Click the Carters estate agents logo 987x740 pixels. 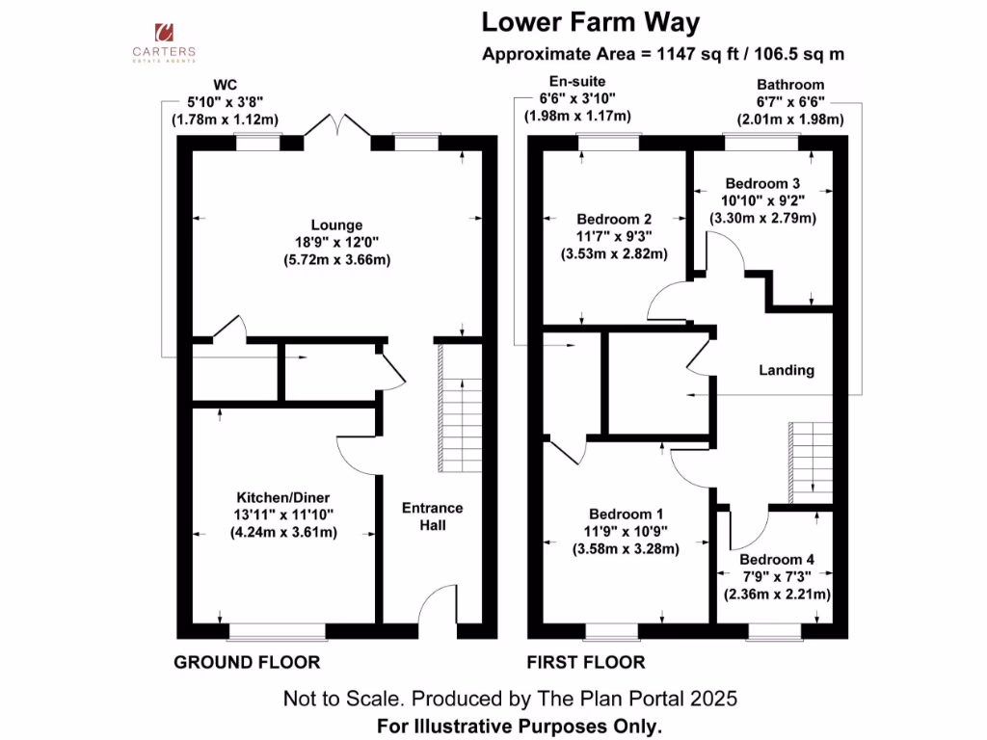pos(164,42)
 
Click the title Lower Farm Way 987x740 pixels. pos(591,23)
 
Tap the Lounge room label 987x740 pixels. pos(336,225)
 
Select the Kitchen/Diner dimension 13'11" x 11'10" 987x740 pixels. pos(283,515)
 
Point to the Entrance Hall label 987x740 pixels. pos(433,516)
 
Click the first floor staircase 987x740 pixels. pos(811,462)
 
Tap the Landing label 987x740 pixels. pos(787,370)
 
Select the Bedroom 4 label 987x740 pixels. pos(777,560)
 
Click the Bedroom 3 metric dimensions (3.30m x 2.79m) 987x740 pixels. pos(763,219)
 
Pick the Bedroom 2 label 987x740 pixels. pos(614,219)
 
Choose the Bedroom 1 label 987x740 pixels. pos(626,515)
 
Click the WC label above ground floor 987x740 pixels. pos(225,85)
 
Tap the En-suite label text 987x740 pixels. pos(577,81)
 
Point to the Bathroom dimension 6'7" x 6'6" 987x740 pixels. pos(790,102)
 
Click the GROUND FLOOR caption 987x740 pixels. pos(247,662)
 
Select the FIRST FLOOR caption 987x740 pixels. pos(586,662)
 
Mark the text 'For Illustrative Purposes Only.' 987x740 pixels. pos(520,727)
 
